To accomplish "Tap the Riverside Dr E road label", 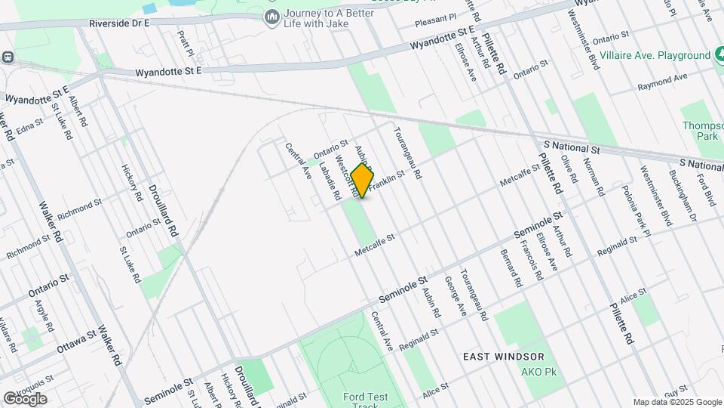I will (119, 23).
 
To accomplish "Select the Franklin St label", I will (387, 177).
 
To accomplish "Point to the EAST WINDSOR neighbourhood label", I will (503, 357).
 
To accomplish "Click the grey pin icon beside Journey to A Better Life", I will (271, 16).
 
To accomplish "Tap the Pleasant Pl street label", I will (436, 17).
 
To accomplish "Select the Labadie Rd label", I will (330, 181).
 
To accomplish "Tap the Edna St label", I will (29, 127).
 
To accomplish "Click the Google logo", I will (24, 399).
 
